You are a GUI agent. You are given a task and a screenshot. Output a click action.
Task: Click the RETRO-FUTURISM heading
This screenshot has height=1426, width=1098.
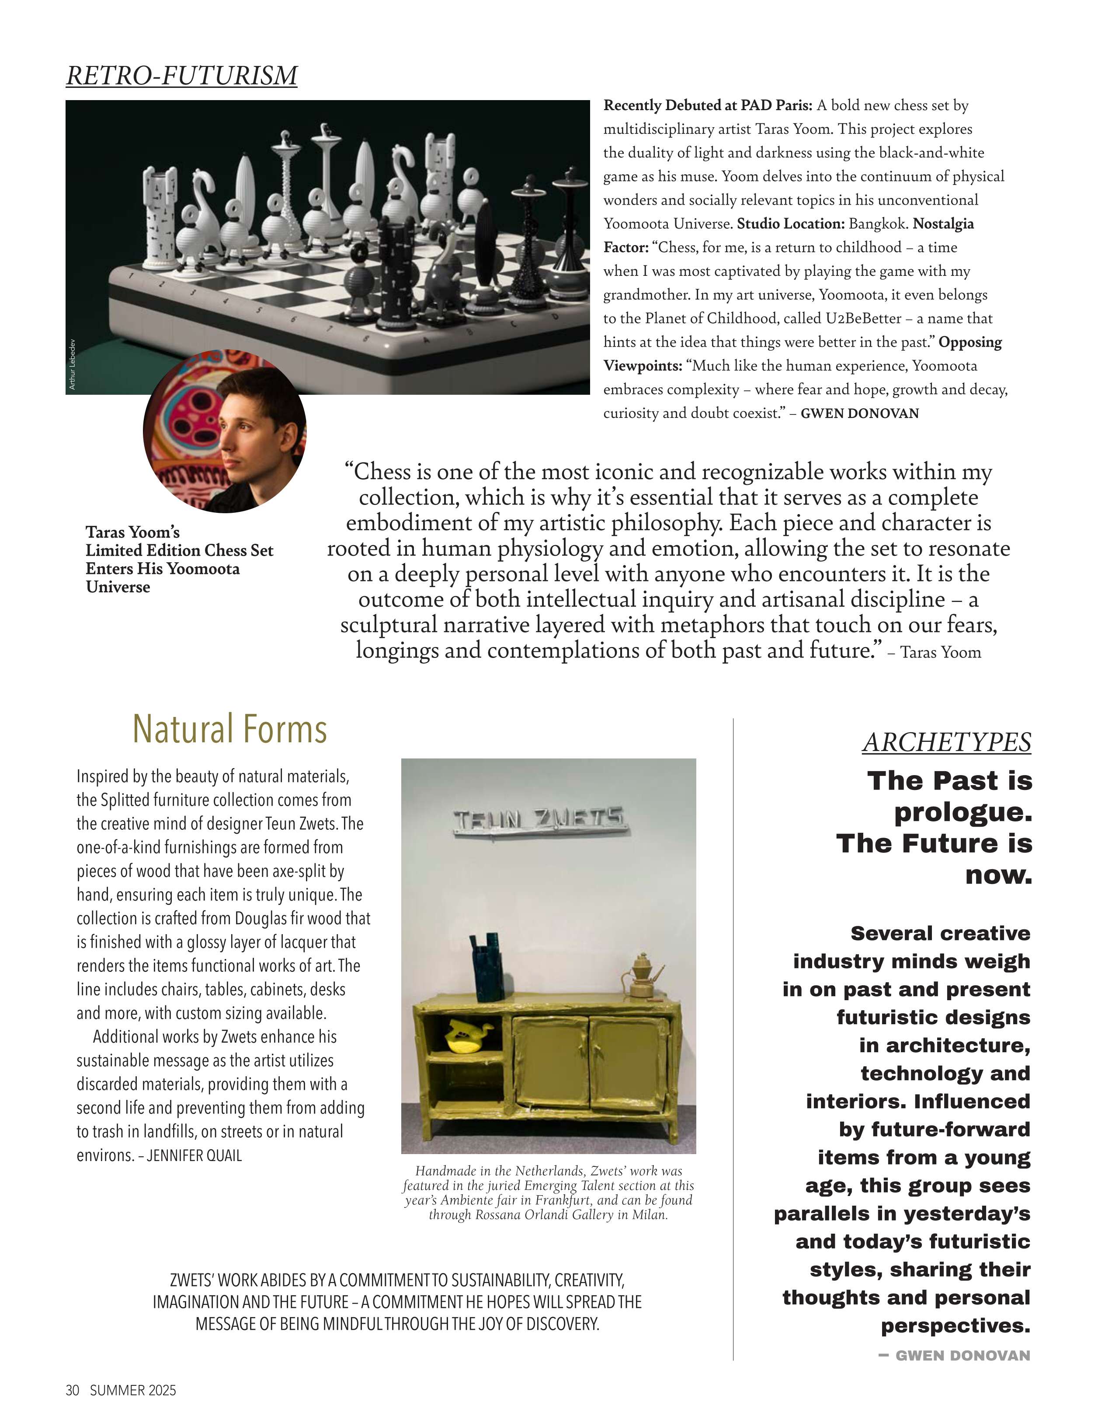[x=181, y=76]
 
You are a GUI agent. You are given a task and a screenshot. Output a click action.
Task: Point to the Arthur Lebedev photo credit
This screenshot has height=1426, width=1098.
[x=73, y=364]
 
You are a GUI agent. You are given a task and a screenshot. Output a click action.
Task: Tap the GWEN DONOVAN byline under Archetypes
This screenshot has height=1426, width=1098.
[x=962, y=1356]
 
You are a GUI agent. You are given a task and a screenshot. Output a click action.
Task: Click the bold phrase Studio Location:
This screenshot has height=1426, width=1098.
[x=791, y=224]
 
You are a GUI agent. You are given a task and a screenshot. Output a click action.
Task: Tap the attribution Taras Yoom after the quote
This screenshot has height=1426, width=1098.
[x=940, y=652]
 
